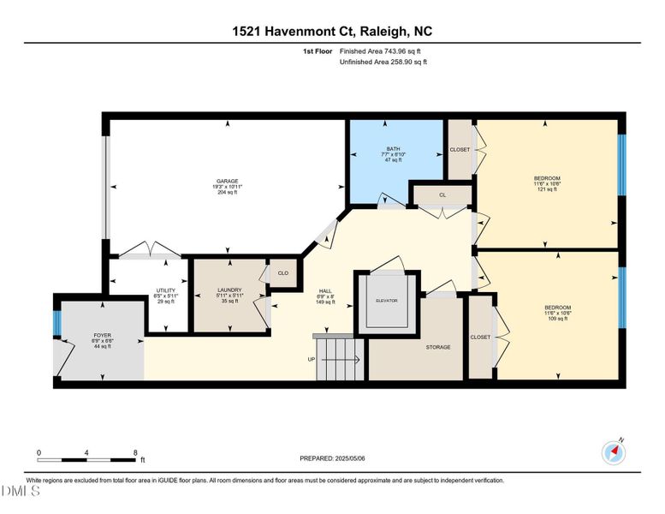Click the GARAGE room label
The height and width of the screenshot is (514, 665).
(x=227, y=181)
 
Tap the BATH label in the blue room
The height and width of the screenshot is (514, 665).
(x=395, y=148)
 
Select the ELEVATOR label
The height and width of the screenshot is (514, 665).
(x=387, y=301)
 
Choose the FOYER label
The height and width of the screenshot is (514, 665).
(x=102, y=335)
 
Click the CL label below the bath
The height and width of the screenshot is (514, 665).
(x=442, y=195)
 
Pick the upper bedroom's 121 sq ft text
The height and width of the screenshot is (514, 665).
(x=547, y=189)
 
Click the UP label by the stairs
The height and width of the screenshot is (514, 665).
(x=312, y=359)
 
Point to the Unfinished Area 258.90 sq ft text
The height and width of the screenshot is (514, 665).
(x=383, y=63)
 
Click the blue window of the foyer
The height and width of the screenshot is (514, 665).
(x=56, y=324)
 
